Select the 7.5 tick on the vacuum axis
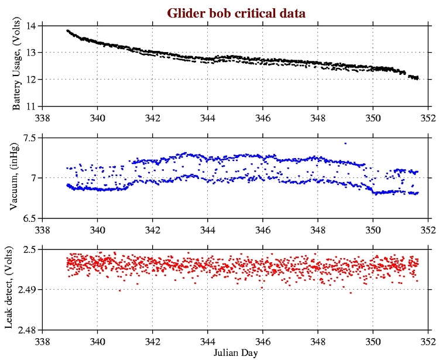[x=28, y=138]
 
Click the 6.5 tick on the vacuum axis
[x=28, y=218]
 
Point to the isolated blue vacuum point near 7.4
[x=345, y=143]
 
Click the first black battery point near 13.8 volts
[x=67, y=30]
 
